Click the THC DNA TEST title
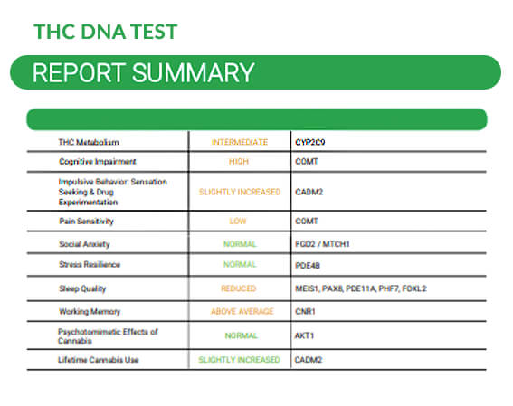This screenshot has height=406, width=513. coord(105,32)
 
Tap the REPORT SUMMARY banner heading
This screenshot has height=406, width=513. coord(143,72)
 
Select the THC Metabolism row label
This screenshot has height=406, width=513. coord(89,142)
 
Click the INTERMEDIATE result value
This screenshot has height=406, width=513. coord(240,142)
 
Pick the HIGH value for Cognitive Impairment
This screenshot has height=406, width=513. coord(240,161)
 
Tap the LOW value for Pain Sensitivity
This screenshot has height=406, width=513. coord(240,221)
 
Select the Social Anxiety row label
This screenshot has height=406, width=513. coord(87,244)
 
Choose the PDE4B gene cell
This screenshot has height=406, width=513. coord(309,265)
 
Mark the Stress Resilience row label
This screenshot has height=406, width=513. coord(90,265)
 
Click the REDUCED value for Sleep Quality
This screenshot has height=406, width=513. coord(240,288)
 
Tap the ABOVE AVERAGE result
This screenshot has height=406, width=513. coord(240,311)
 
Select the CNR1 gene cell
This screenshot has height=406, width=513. coord(307,311)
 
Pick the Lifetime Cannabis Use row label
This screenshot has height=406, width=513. coord(100,360)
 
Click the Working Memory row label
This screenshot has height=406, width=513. coord(90,311)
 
